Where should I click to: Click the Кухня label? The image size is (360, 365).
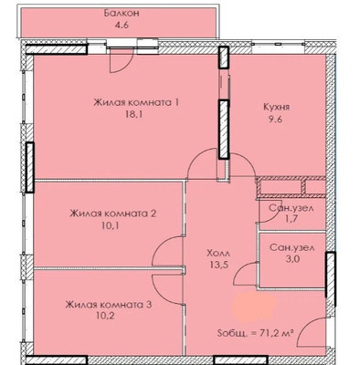click(x=276, y=106)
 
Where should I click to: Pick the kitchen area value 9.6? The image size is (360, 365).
click(x=276, y=120)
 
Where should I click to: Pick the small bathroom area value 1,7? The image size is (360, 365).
click(x=289, y=220)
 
